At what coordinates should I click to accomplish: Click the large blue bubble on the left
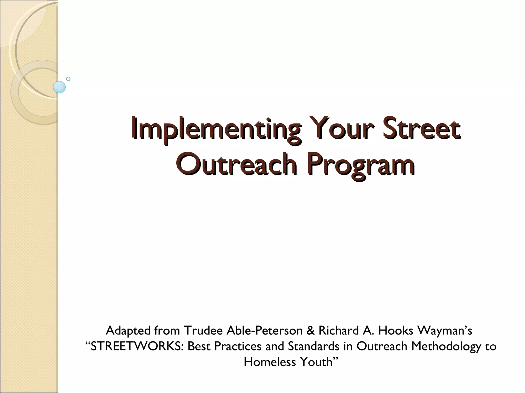coord(59,87)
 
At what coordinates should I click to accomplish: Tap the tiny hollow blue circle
coord(68,79)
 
